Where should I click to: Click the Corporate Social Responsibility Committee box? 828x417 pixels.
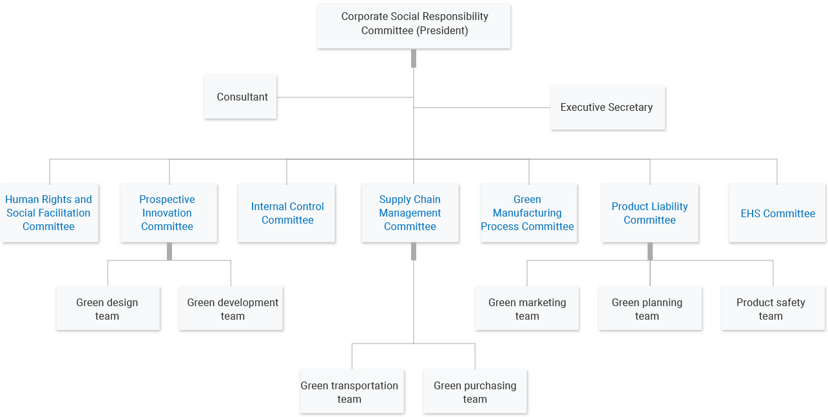point(413,26)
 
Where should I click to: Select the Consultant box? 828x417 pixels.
point(240,97)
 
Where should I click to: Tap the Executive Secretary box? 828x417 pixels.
point(607,108)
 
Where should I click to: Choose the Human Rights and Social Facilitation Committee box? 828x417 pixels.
point(50,213)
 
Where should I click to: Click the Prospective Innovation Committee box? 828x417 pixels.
point(168,213)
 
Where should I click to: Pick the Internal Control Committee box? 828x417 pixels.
point(286,213)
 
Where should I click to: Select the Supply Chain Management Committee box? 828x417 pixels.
point(410,213)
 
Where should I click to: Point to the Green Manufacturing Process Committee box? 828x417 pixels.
point(528,213)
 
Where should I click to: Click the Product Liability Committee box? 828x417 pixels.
point(650,213)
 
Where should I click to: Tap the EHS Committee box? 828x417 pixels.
point(778,213)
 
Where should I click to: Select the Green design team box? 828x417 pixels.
point(108,308)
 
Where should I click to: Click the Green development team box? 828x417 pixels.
point(231,308)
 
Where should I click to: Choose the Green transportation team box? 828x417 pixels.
point(352,391)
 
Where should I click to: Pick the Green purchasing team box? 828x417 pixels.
point(475,391)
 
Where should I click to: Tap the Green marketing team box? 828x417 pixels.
point(527,308)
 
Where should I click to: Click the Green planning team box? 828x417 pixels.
point(650,308)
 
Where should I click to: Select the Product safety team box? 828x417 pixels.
point(773,308)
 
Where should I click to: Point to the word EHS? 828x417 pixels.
point(751,213)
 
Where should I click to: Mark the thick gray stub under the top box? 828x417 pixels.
point(414,58)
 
